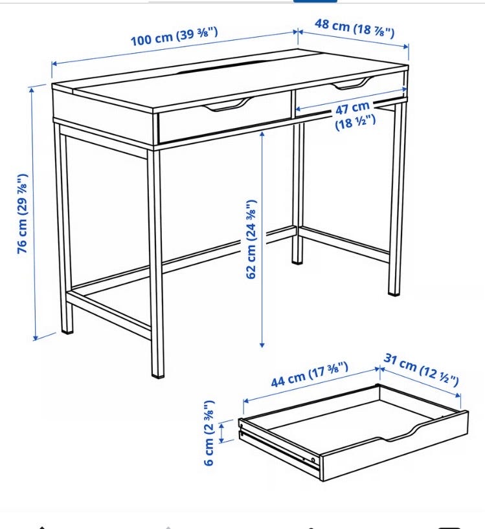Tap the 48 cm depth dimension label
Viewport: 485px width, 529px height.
(355, 28)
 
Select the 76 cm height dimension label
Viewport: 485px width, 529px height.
(23, 213)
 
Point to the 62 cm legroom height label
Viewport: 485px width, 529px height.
(251, 239)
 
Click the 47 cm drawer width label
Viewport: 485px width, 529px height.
(355, 115)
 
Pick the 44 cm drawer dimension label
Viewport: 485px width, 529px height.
(310, 374)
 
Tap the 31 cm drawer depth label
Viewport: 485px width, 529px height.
(421, 370)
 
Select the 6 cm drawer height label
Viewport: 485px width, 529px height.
(209, 433)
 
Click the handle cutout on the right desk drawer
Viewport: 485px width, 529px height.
(351, 83)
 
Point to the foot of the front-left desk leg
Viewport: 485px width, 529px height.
(67, 330)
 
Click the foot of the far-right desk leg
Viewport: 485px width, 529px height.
(394, 292)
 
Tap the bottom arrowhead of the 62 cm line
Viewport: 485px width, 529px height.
(262, 345)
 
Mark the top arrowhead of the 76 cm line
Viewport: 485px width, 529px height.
(32, 90)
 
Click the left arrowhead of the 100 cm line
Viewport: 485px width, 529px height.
(54, 64)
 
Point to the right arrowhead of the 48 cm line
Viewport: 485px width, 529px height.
(406, 46)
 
